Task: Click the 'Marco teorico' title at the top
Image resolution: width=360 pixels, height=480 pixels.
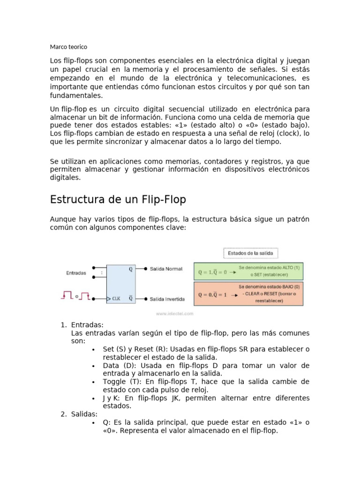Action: coord(68,47)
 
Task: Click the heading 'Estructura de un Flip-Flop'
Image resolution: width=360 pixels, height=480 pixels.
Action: coord(118,200)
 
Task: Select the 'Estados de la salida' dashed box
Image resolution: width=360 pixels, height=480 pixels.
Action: coord(251,253)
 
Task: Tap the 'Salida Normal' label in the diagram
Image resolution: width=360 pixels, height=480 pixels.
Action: coord(166,269)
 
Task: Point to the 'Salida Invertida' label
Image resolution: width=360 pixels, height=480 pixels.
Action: coord(167,299)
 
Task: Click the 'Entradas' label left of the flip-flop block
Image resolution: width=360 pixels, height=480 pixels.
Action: coord(76,272)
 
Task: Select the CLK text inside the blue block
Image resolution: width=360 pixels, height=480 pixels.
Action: coord(116,299)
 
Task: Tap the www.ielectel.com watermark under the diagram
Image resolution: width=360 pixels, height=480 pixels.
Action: coord(175,313)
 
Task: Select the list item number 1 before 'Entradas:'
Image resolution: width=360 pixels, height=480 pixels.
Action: coord(64,325)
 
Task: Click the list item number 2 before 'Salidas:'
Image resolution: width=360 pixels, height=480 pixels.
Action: coord(64,414)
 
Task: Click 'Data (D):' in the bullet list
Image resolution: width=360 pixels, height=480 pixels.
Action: coord(118,365)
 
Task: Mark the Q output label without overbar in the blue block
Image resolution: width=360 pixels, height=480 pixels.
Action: coord(130,269)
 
